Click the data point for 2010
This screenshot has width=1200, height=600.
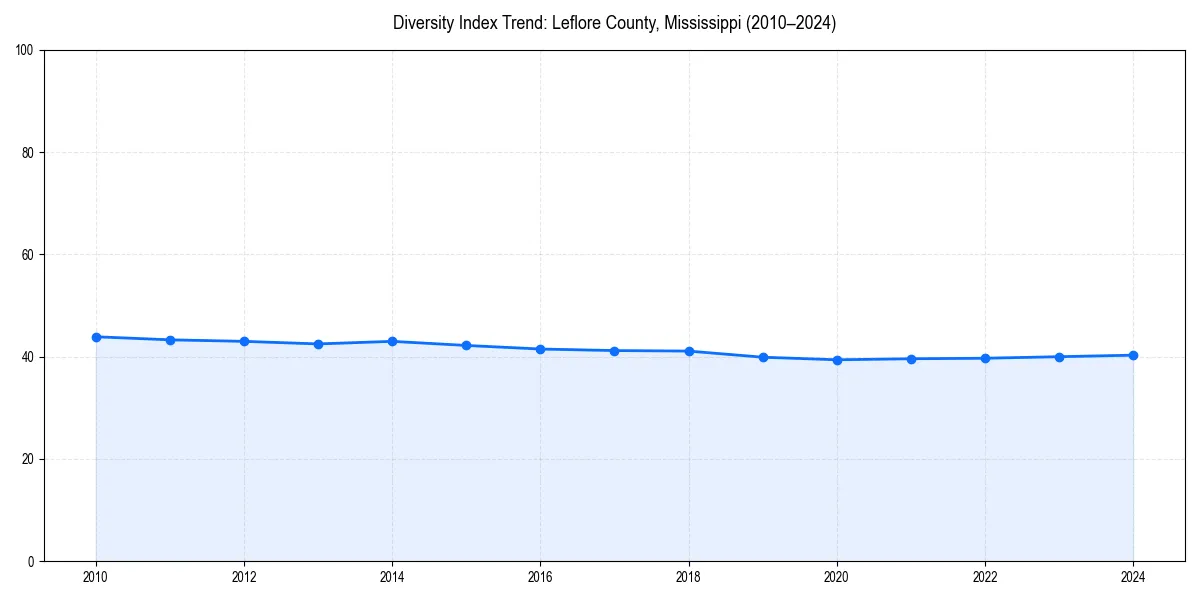[x=96, y=337]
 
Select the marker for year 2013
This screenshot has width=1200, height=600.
[x=318, y=344]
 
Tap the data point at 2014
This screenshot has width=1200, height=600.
[x=392, y=341]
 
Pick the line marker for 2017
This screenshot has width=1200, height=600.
[x=614, y=351]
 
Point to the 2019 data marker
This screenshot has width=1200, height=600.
[x=763, y=357]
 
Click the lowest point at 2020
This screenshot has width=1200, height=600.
[x=837, y=360]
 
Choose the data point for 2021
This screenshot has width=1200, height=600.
[x=911, y=359]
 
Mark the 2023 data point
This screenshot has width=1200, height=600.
[x=1059, y=357]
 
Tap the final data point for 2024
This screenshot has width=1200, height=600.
[x=1133, y=355]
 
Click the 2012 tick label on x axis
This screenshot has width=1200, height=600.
[x=244, y=577]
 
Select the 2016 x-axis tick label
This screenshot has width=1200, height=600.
[x=540, y=577]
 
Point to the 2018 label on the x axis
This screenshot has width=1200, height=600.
[x=688, y=577]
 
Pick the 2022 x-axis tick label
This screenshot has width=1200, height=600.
[x=985, y=577]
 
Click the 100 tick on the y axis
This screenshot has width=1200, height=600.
[x=26, y=50]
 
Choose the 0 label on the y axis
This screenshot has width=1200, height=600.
[x=32, y=561]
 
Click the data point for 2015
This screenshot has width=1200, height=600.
[x=466, y=345]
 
